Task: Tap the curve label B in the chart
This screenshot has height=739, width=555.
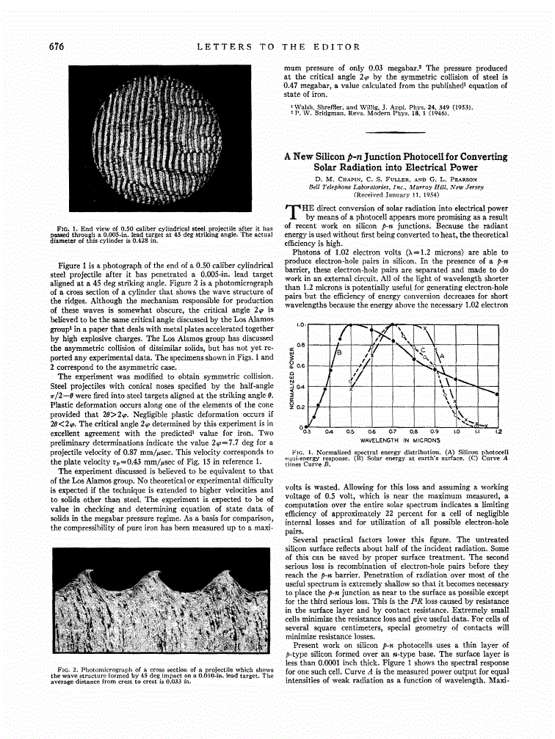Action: coord(338,352)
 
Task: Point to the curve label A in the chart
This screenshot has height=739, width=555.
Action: coord(442,357)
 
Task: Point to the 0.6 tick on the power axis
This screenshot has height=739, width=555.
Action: coord(300,365)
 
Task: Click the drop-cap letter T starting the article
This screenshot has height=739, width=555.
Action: coord(291,211)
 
